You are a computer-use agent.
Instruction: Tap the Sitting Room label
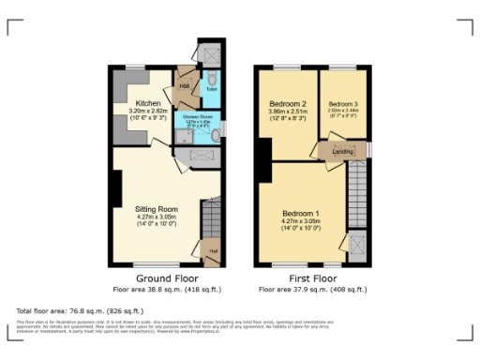coord(157,208)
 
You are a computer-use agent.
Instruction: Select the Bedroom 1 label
coord(301,213)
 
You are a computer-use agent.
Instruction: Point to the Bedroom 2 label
coord(289,103)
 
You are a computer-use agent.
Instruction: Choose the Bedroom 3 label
coord(343,103)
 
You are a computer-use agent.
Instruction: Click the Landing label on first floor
coord(342,149)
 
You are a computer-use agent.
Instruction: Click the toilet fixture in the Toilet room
coord(213,78)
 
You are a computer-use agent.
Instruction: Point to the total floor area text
coord(80,310)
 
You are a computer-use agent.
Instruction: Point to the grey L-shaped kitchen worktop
coord(123,94)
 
